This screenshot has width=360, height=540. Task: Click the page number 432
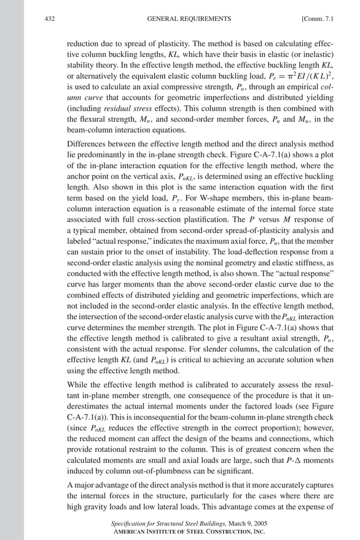pyautogui.click(x=49, y=19)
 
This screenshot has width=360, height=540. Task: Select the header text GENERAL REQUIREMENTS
pyautogui.click(x=188, y=19)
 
